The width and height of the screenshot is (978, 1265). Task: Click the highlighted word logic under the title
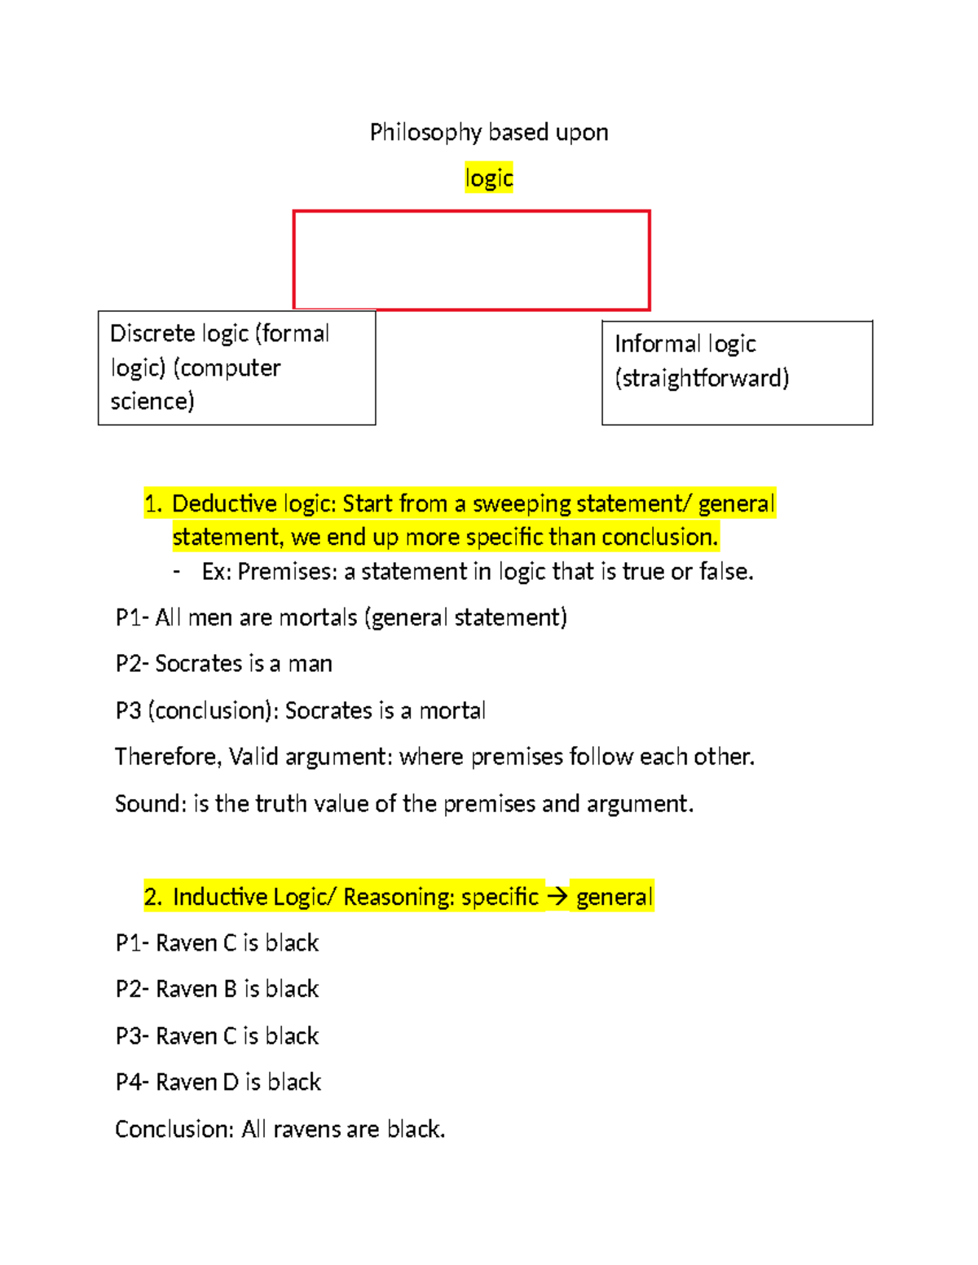(x=489, y=178)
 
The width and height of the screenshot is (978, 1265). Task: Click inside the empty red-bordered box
(x=471, y=261)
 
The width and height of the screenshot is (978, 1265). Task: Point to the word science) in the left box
(x=152, y=401)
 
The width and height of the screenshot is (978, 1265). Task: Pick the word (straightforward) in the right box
(x=702, y=378)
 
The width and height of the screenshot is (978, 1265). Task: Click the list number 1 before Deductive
(x=152, y=503)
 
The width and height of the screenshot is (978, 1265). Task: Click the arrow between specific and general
(x=557, y=897)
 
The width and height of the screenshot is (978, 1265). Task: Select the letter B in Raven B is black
(x=230, y=989)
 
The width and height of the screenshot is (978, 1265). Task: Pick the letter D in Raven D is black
(x=230, y=1083)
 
